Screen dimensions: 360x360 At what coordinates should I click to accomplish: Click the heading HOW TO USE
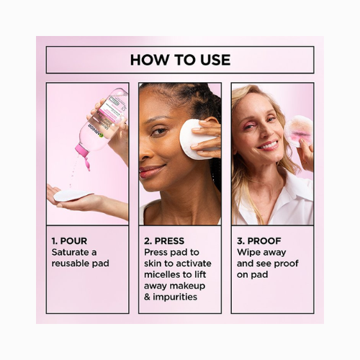180,60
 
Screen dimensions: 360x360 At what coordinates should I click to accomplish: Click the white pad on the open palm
72,195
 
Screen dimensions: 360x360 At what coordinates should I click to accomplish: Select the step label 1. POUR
69,241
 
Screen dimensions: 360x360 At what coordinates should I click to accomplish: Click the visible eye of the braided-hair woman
159,132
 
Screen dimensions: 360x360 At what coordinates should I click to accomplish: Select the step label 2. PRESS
164,241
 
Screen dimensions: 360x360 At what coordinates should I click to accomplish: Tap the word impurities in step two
175,297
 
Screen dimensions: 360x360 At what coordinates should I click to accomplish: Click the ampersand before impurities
147,297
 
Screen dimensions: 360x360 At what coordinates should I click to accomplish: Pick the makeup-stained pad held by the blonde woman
298,131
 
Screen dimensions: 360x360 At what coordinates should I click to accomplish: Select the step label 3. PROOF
259,241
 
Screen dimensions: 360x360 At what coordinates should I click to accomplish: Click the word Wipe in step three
246,252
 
